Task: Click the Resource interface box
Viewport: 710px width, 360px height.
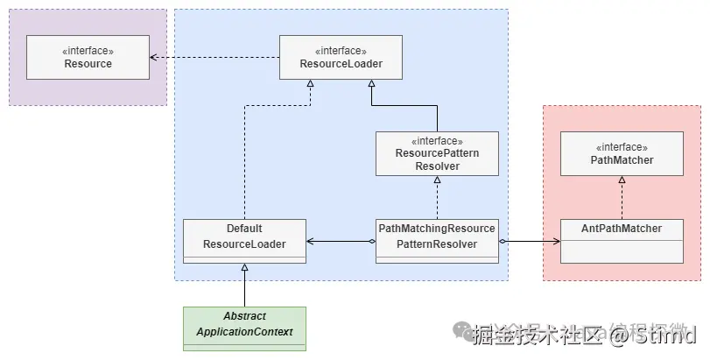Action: tap(88, 57)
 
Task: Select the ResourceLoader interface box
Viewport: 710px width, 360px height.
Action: tap(341, 57)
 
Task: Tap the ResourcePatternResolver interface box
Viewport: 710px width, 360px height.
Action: tap(437, 153)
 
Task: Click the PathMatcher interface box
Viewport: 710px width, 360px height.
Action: tap(622, 153)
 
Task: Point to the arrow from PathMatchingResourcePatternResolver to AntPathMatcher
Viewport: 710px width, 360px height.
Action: tap(530, 240)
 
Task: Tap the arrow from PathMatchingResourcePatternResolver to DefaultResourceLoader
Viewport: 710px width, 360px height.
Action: tap(341, 240)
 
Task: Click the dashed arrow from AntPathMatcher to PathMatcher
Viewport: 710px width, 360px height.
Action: tap(622, 197)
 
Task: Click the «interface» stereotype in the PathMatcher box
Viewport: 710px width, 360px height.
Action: tap(622, 147)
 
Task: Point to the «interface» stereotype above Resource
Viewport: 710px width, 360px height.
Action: tap(88, 51)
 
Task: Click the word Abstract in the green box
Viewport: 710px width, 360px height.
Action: tap(244, 316)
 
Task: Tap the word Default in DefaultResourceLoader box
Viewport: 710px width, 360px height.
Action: tap(244, 229)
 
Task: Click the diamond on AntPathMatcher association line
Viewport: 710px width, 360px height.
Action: tap(503, 240)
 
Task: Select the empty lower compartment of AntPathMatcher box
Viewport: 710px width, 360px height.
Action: tap(622, 253)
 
